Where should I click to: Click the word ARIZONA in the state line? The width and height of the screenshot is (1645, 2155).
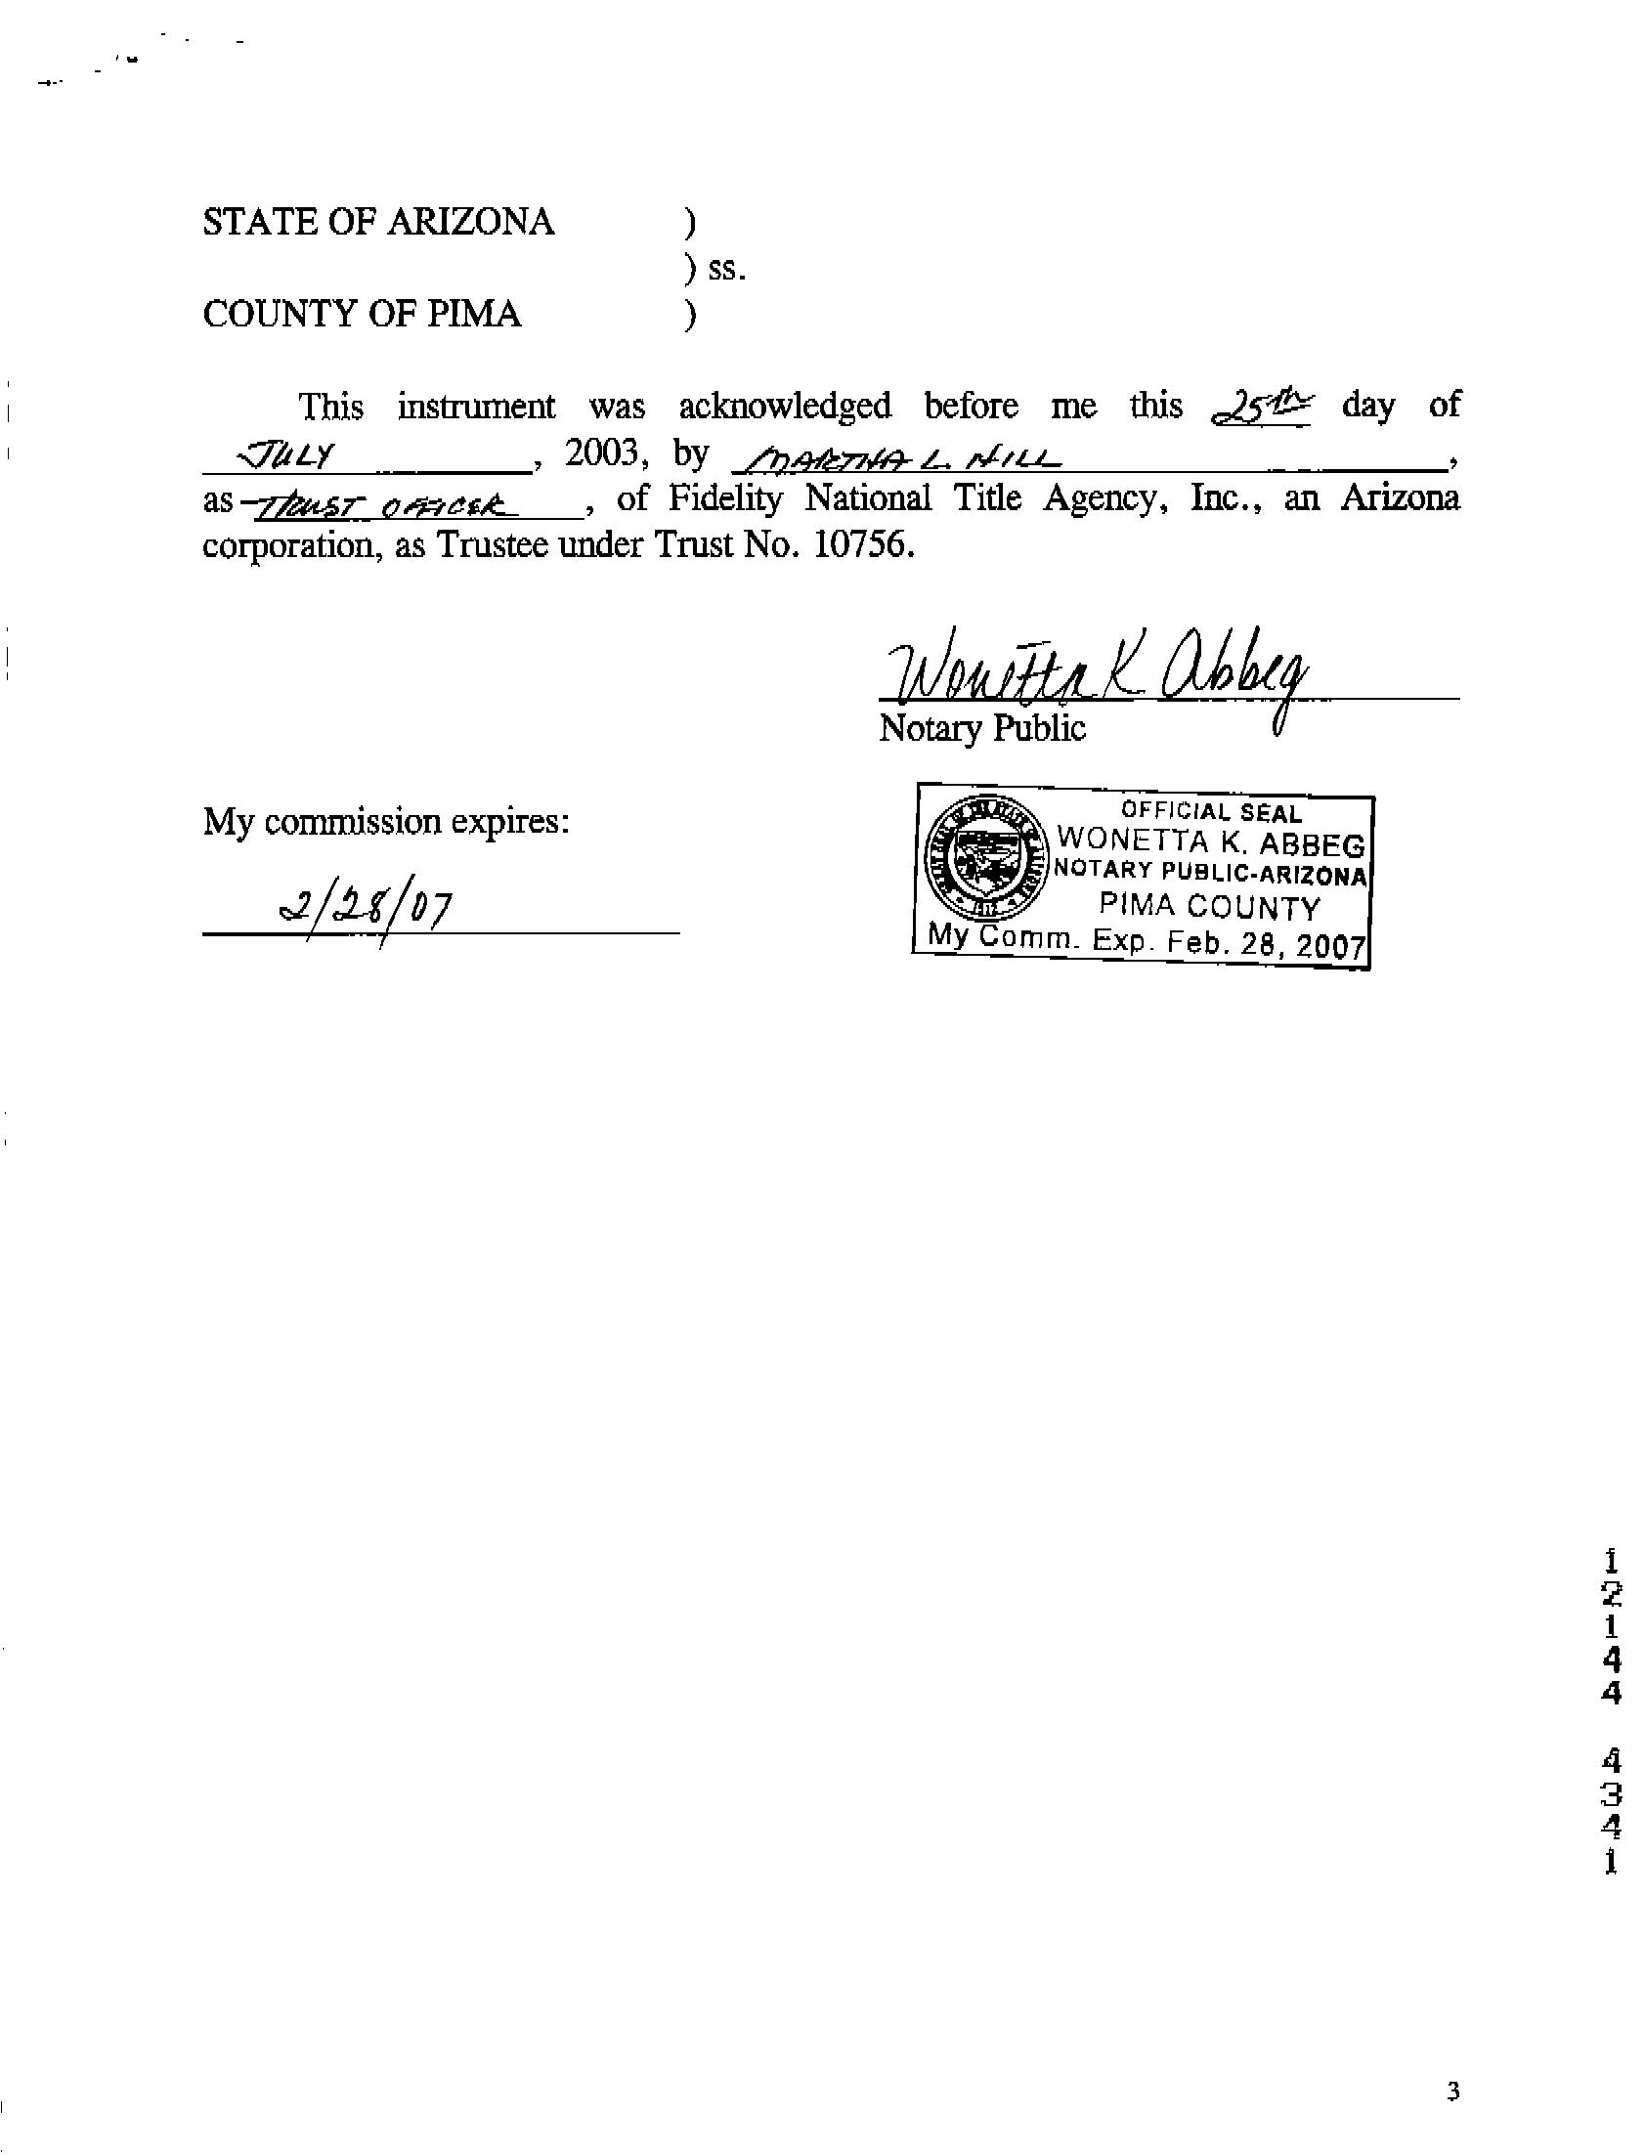[x=471, y=222]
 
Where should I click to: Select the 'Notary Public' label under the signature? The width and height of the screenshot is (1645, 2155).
[x=982, y=728]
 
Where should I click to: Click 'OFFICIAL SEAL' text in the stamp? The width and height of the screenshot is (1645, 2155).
[x=1211, y=812]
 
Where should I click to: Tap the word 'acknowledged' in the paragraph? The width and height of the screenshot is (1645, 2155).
[x=784, y=407]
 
